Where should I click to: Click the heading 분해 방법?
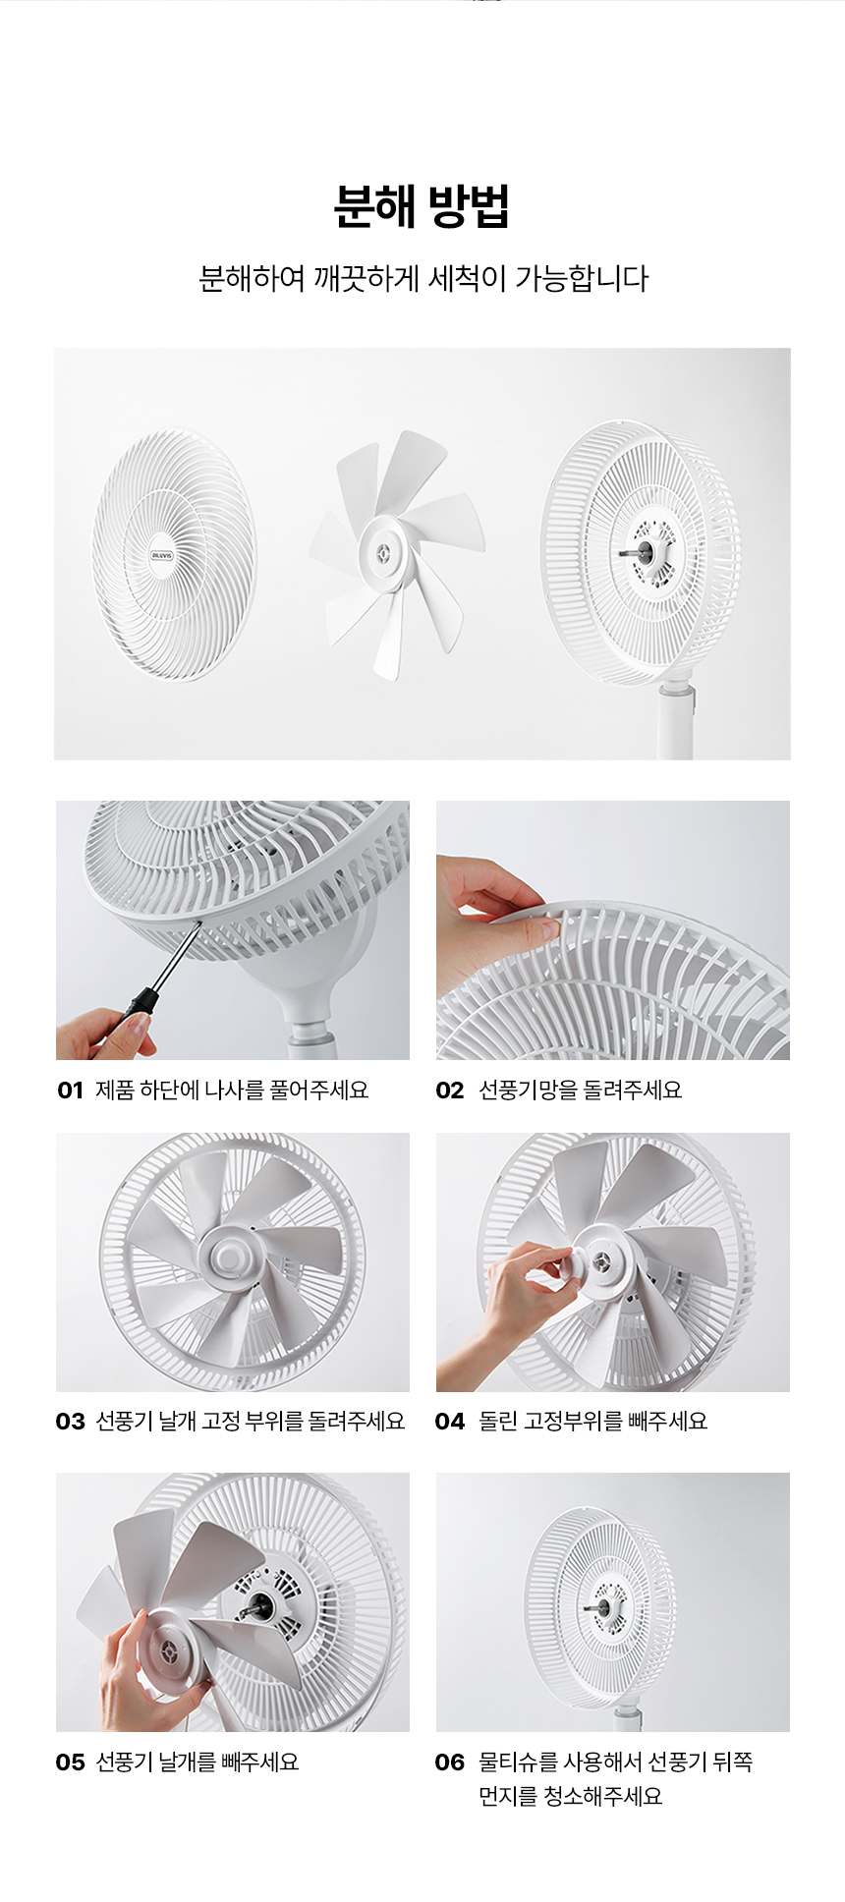[422, 206]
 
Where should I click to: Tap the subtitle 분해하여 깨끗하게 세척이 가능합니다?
[423, 279]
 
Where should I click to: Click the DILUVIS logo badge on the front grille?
[162, 555]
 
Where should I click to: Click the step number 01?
[71, 1090]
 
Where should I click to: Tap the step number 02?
[449, 1090]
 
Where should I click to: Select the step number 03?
[71, 1422]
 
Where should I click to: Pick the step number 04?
[449, 1422]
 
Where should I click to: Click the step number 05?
[71, 1762]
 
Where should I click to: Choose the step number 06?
[449, 1762]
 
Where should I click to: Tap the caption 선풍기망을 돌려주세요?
[580, 1090]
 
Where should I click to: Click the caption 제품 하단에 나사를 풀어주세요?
[232, 1090]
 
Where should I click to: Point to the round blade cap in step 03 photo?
[232, 1255]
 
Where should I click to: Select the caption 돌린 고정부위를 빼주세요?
[592, 1422]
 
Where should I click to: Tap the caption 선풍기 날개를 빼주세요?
[197, 1762]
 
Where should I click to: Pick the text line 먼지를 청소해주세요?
[570, 1797]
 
